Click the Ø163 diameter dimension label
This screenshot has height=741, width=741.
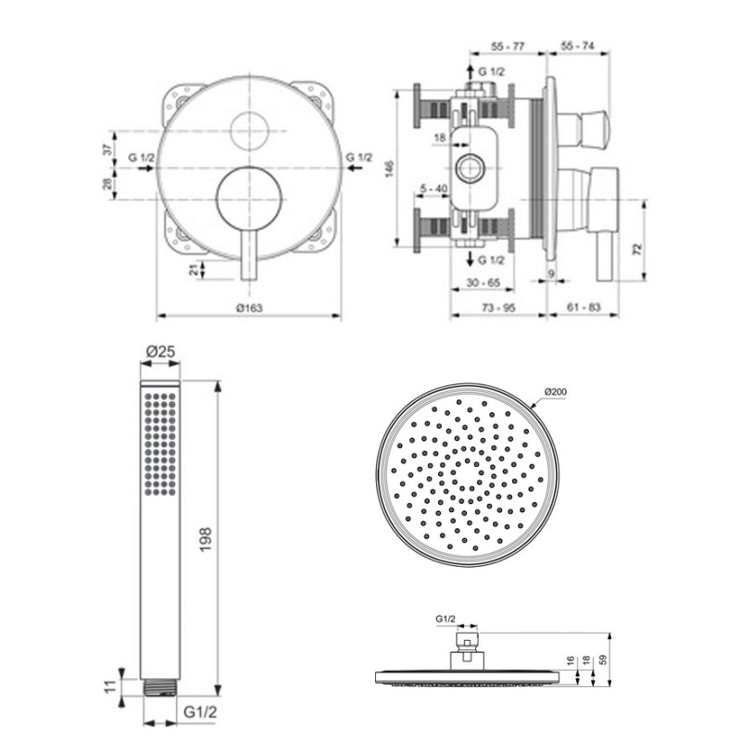249,308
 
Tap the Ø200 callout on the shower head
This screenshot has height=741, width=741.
555,391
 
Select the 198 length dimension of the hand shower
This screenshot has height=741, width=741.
206,540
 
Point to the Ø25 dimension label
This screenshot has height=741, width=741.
160,352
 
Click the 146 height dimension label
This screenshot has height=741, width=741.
389,169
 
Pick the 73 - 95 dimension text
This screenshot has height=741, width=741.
498,308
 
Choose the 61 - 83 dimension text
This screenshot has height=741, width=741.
584,308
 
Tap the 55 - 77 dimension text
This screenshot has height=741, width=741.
508,46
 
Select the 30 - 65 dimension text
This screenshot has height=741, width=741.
483,283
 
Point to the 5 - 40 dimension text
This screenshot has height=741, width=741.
433,188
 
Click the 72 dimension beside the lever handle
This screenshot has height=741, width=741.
636,249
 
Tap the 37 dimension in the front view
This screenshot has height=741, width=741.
108,149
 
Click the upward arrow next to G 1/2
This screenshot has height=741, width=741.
471,72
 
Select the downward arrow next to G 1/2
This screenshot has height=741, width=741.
471,258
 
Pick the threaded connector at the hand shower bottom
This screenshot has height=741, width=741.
160,687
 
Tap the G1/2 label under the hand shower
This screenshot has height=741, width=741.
199,712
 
